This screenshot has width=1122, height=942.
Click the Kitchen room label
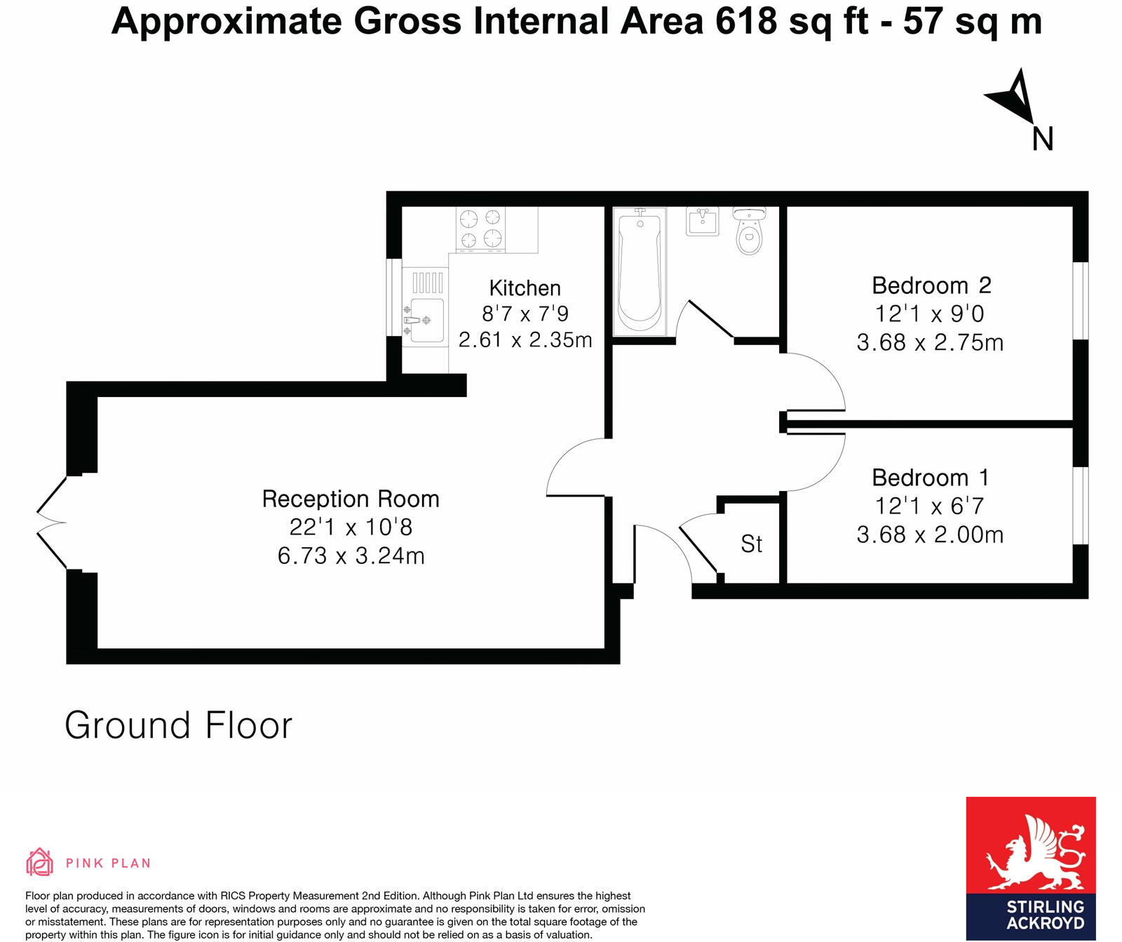525,288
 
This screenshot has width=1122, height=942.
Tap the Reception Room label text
351,499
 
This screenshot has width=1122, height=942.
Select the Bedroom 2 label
931,285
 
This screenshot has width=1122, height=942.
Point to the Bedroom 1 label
931,478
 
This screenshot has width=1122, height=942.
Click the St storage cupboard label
751,544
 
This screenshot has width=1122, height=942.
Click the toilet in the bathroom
750,232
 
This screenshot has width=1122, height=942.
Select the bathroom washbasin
703,221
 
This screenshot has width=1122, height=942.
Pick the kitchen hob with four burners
482,229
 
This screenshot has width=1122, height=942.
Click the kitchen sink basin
427,320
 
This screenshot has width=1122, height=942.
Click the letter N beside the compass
1043,139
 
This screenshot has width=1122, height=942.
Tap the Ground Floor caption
178,725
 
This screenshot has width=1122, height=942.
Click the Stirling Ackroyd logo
1030,868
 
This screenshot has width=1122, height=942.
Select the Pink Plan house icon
39,863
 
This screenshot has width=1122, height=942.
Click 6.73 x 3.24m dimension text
351,556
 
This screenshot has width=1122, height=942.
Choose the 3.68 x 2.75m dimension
930,343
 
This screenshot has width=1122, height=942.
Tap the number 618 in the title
745,22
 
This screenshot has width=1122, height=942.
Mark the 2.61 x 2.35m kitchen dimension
525,340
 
